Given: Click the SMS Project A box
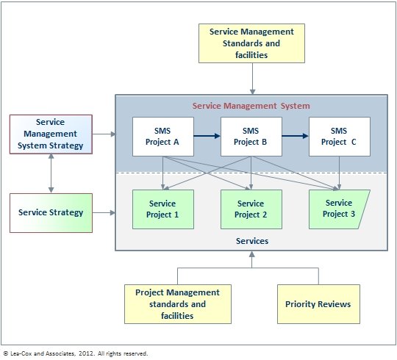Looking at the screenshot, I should point(162,136).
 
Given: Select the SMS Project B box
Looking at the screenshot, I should point(251,136).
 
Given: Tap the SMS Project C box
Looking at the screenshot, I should point(339,136).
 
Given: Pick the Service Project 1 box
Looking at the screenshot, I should point(162,209).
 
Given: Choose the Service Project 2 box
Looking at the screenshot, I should point(251,209).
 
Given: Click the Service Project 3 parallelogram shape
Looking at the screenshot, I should point(338,209).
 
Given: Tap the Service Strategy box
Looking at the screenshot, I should point(50,213).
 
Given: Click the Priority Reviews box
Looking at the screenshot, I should point(318,304).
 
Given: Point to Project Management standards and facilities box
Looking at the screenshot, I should point(171,304).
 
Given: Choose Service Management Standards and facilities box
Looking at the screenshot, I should point(251,43).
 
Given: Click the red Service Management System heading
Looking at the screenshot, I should point(251,106).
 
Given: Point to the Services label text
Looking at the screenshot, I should point(251,241).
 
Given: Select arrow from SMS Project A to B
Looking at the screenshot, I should point(207,136).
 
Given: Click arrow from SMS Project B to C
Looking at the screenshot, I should point(296,136).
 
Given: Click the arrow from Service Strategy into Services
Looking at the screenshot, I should point(104,213).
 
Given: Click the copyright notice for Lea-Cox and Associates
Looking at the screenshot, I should point(75,353).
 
